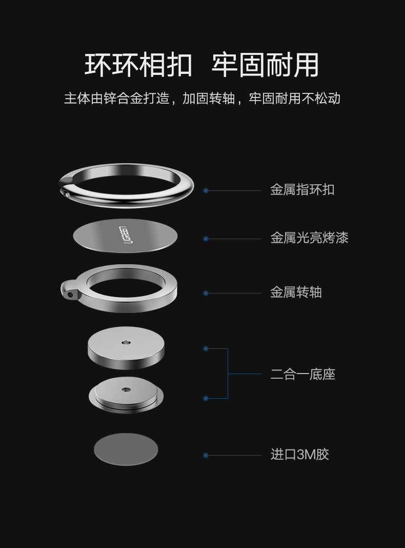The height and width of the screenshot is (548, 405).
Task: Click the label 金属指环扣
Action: [x=302, y=190]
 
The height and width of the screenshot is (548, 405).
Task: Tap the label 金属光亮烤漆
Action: [x=309, y=238]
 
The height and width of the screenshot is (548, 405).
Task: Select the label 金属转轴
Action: [x=296, y=292]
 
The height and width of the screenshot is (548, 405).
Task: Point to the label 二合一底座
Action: [x=302, y=374]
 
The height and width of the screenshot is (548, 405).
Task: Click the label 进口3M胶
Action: [x=299, y=455]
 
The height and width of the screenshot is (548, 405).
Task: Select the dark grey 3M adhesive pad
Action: [x=126, y=449]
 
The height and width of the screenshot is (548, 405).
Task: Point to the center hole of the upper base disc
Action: [x=126, y=342]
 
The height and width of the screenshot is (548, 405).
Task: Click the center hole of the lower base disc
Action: [x=126, y=389]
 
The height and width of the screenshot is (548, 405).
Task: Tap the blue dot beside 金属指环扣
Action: [x=206, y=190]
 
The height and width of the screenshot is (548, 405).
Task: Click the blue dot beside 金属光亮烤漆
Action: [x=206, y=239]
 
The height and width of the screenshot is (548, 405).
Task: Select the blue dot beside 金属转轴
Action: [x=206, y=293]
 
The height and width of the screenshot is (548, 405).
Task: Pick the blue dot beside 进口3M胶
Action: [x=206, y=455]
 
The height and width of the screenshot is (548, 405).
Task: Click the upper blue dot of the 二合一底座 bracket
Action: [x=206, y=348]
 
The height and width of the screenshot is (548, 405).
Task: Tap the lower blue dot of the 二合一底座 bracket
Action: [x=206, y=398]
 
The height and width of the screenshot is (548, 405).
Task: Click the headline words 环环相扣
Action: [x=138, y=65]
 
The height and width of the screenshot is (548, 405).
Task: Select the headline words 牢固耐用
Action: [x=265, y=65]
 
